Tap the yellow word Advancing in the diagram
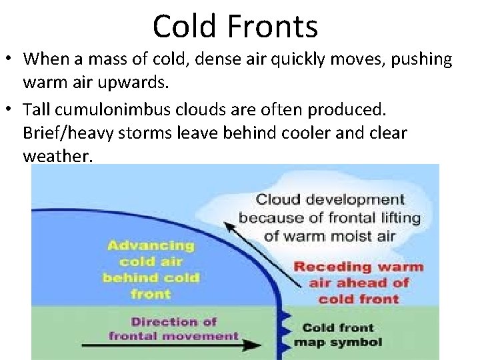[x=151, y=245]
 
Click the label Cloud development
[x=330, y=199]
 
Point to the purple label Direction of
[x=174, y=321]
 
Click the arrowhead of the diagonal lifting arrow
[x=230, y=225]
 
